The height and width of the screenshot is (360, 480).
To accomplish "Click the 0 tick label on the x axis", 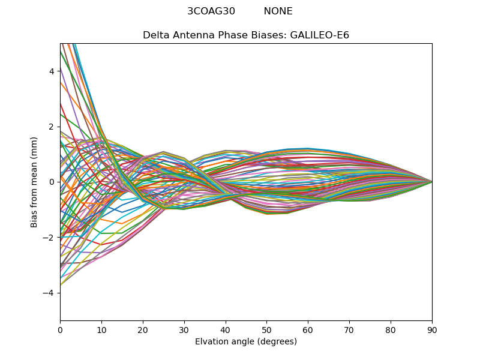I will [x=60, y=329].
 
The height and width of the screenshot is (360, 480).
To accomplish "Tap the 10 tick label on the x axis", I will [x=101, y=329].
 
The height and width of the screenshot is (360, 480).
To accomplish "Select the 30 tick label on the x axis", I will [x=184, y=329].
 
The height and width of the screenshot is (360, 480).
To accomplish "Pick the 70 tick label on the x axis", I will [x=349, y=329].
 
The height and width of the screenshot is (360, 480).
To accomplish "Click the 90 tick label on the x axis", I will [x=432, y=329].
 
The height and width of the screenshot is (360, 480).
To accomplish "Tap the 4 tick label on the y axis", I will [x=52, y=71].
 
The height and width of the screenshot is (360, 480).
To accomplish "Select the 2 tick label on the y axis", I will [x=52, y=127].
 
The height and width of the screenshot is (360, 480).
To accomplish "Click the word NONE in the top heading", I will [x=278, y=11].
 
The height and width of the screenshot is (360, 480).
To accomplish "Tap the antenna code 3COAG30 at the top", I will [x=211, y=11].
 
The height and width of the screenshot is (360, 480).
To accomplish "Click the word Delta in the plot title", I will [x=155, y=35].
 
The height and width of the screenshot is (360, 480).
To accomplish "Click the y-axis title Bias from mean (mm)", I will [x=35, y=182].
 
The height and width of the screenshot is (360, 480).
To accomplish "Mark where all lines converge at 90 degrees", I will [x=432, y=182].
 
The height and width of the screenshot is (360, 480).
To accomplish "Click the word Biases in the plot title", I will [x=270, y=35].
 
